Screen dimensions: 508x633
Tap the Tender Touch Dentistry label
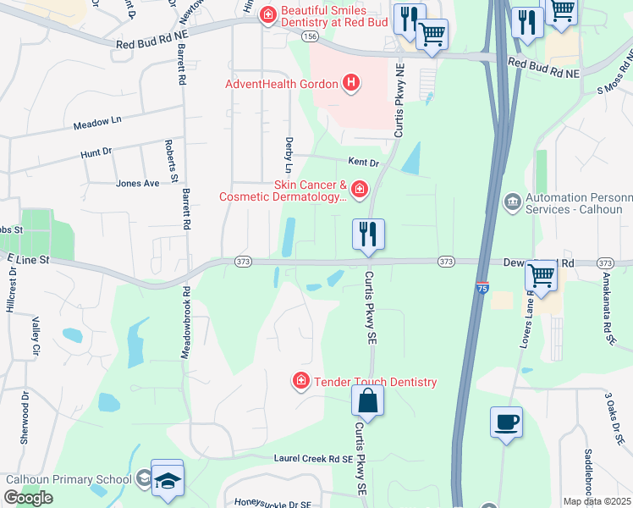(376, 382)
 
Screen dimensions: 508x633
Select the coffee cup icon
(506, 422)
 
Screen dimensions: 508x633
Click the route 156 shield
(309, 36)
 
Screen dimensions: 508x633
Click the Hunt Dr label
(96, 153)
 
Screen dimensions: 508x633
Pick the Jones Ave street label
(137, 183)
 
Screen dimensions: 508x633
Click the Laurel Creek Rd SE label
(312, 459)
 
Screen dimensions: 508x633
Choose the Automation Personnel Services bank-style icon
(512, 201)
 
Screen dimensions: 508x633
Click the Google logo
(28, 498)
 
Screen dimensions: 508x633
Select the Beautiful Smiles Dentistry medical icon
(268, 14)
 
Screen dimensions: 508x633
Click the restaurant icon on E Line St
(368, 234)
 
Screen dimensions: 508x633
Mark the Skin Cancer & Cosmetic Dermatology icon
(360, 189)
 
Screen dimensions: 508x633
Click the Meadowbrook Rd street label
(185, 323)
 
